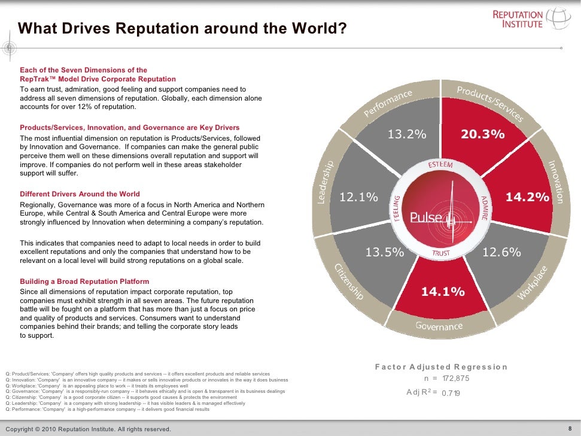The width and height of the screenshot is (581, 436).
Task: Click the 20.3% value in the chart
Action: pos(482,135)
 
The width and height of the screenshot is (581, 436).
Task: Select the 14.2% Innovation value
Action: pos(527,196)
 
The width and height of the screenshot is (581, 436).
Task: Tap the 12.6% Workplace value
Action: pos(501,253)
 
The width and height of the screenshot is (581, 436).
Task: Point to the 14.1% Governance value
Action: pos(443,292)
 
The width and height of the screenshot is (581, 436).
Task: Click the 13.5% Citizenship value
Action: pos(385,253)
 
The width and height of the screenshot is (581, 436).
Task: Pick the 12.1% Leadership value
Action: pos(359,196)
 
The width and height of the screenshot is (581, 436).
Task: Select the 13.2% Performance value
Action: pos(407,135)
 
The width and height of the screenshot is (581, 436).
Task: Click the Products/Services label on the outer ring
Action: pos(490,104)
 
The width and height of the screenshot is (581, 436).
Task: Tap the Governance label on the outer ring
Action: pos(439,326)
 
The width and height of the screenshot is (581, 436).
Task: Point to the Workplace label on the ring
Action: pos(533,283)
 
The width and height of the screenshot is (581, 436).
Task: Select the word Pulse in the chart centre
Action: pos(426,217)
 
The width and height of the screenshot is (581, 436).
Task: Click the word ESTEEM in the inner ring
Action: pos(440,165)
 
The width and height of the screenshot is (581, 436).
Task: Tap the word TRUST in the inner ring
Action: pos(441,253)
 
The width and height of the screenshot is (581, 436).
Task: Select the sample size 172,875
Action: pos(455,379)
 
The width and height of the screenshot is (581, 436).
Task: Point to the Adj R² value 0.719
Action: pos(452,393)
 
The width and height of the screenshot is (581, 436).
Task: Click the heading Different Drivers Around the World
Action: pos(80,194)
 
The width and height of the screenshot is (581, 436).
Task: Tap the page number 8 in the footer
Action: pos(570,428)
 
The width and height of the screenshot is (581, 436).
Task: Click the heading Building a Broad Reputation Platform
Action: pos(84,281)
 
